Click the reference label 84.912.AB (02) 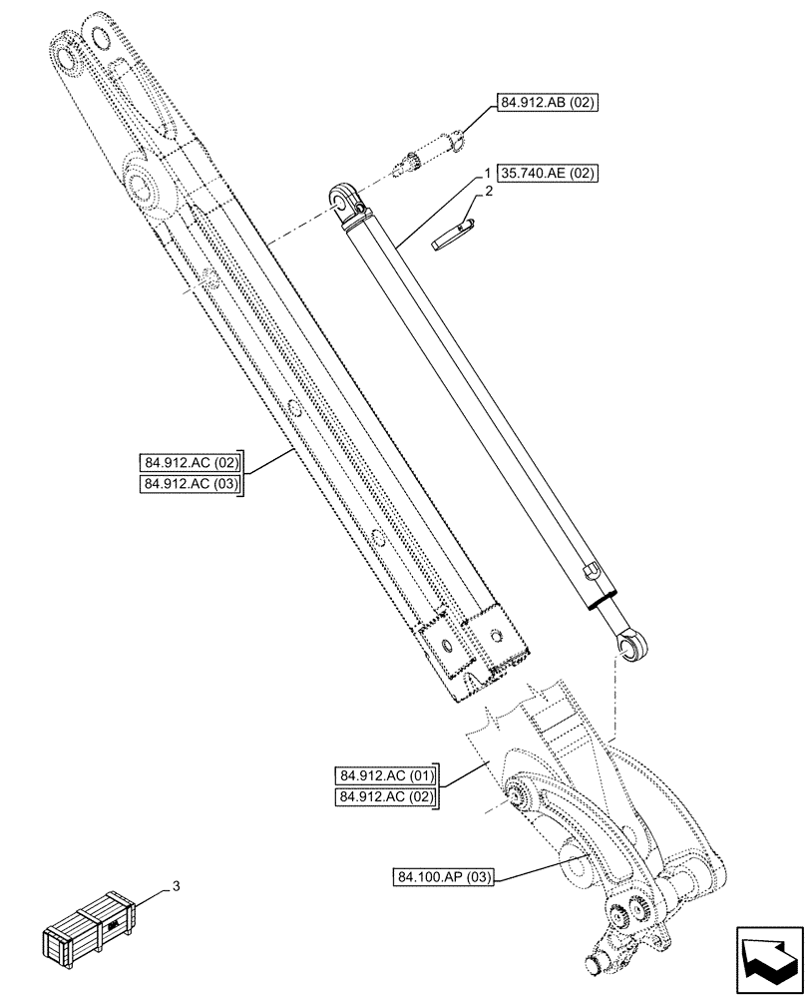point(547,104)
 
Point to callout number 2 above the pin point(490,190)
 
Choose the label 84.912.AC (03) point(191,484)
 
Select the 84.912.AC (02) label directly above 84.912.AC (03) point(191,462)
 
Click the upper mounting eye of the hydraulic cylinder point(345,197)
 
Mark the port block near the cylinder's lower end point(589,573)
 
